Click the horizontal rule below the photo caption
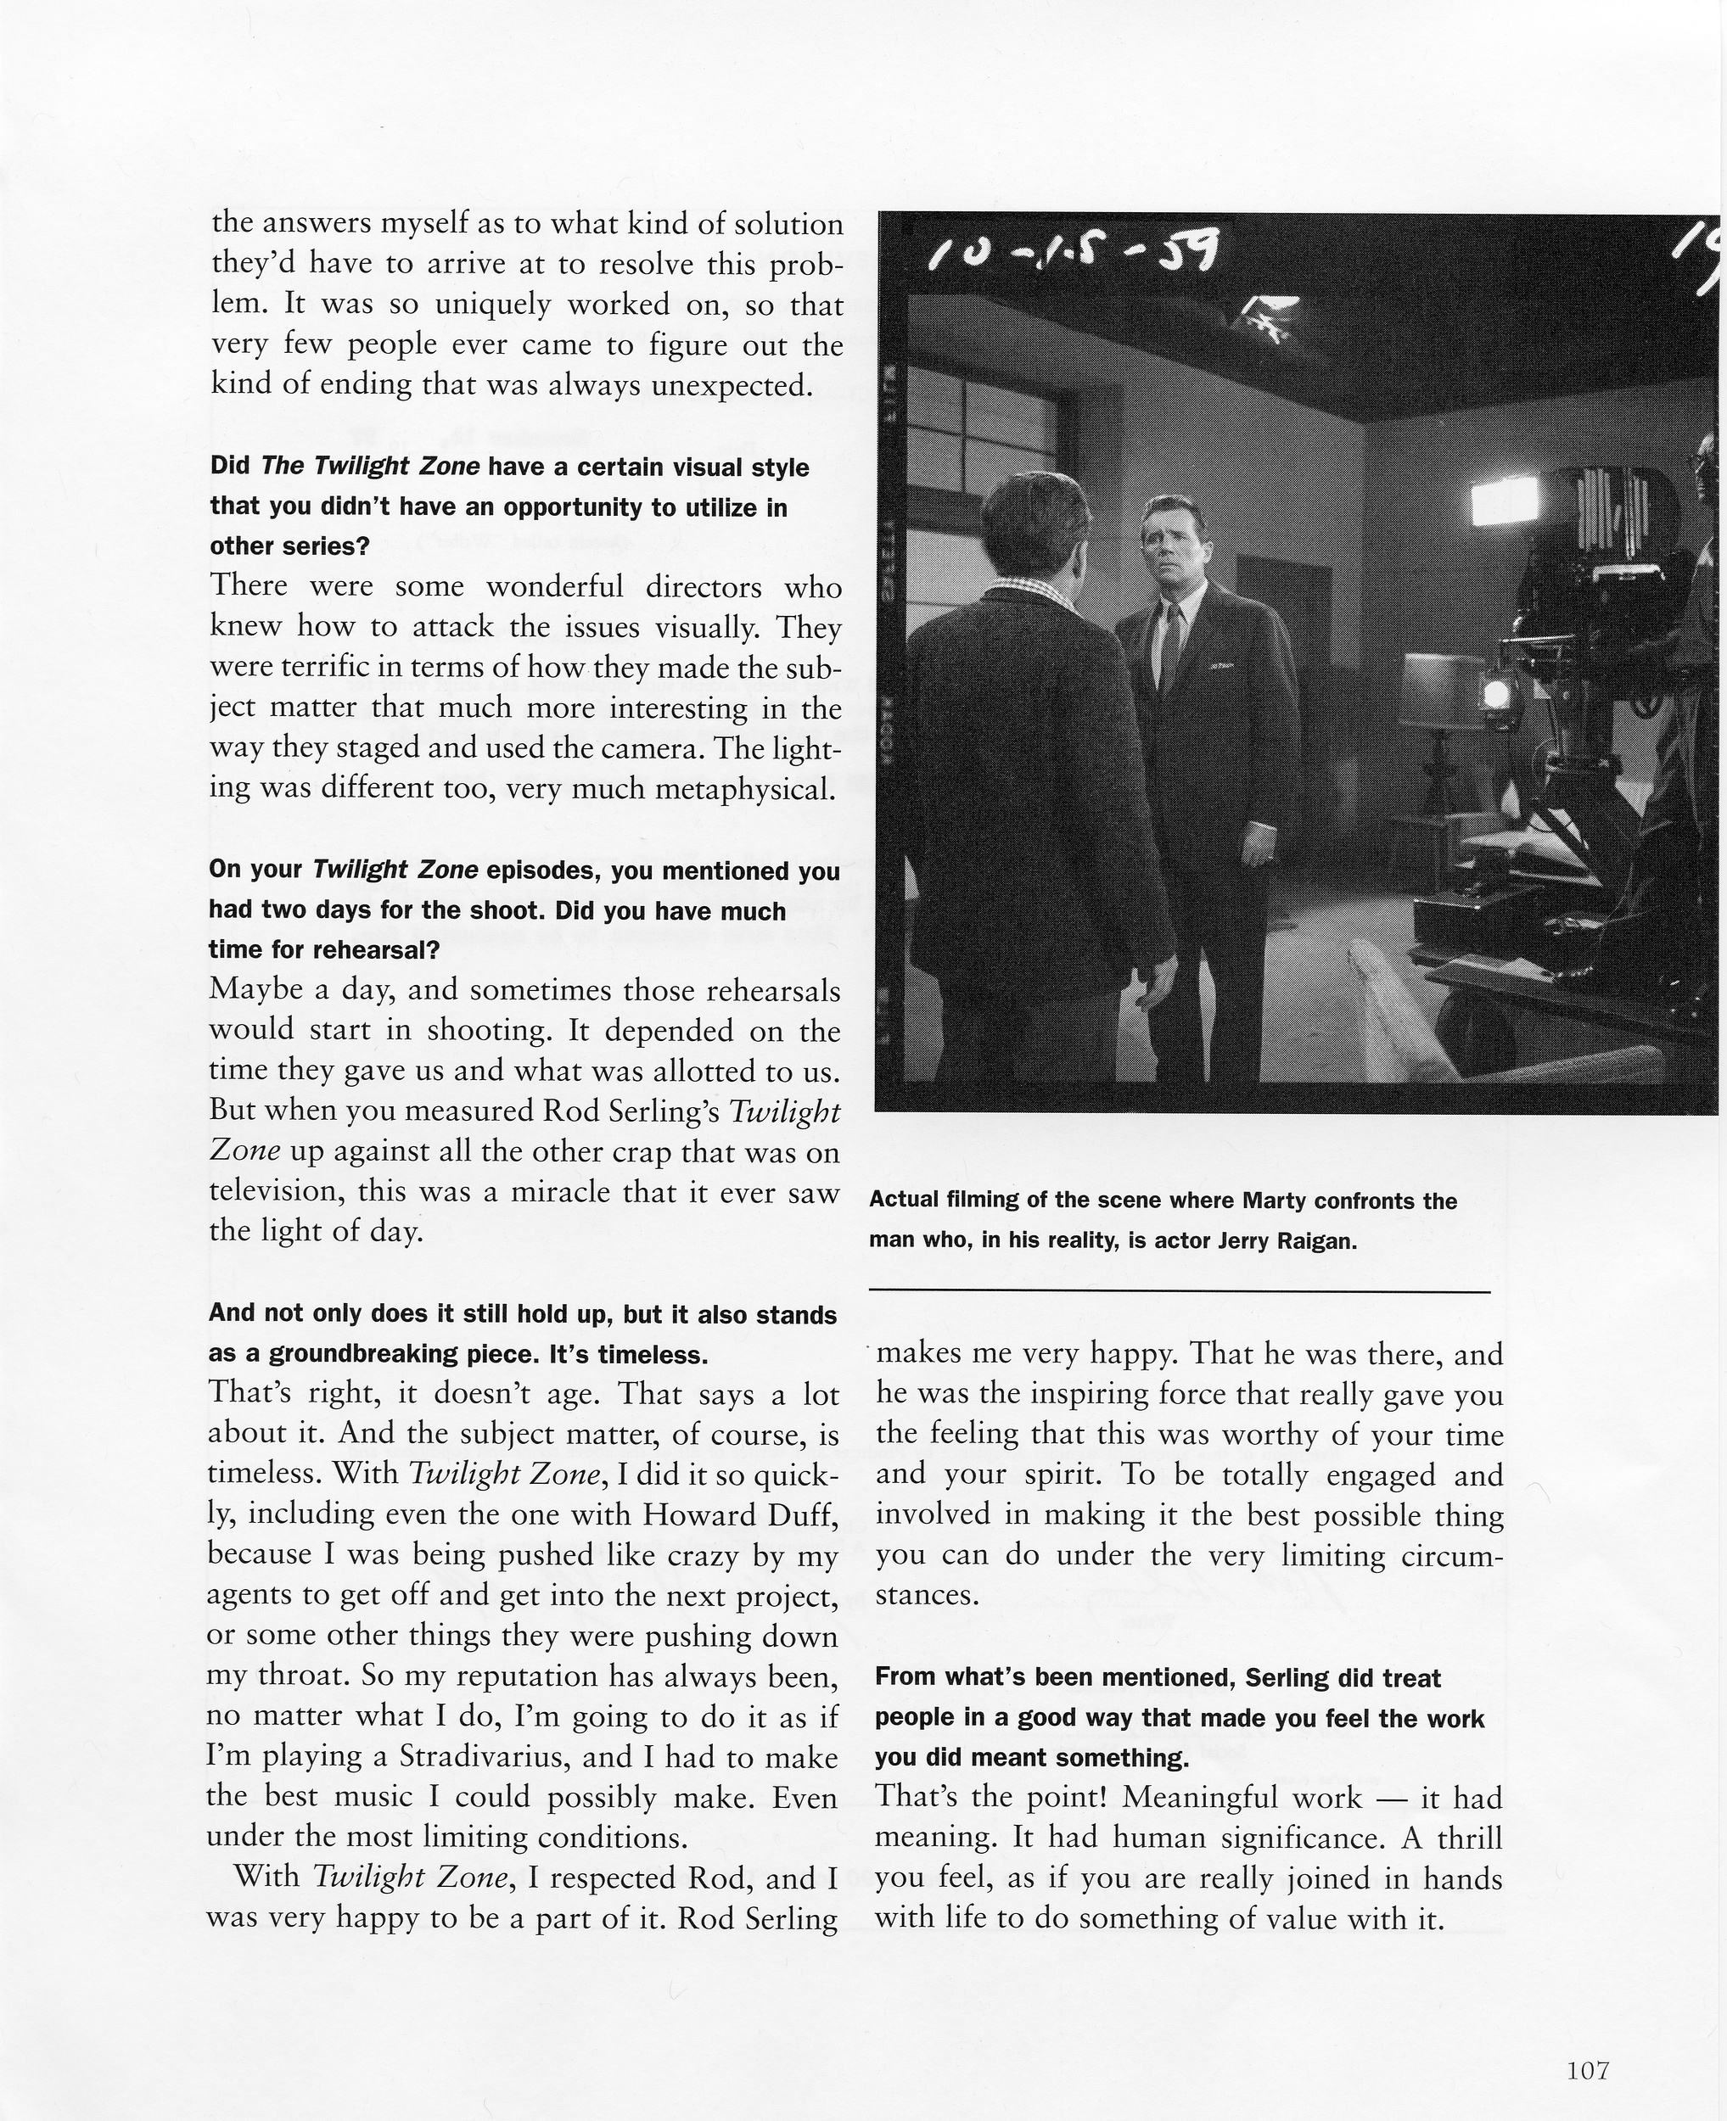pos(1179,1292)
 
